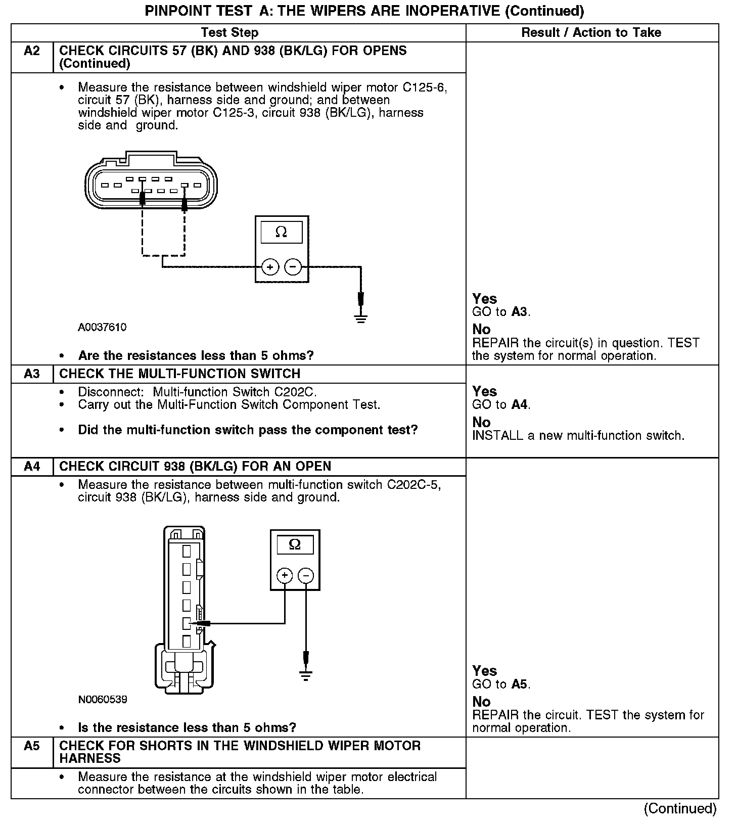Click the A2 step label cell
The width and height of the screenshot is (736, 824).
32,51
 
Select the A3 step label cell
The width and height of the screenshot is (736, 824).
32,374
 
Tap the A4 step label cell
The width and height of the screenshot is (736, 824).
32,467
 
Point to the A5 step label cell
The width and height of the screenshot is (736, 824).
32,746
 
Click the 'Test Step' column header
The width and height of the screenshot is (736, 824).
229,33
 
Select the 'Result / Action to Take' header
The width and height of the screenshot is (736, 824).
591,33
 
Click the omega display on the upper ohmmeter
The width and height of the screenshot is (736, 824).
282,233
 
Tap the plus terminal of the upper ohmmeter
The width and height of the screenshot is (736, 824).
270,266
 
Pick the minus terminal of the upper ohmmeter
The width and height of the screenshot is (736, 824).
293,266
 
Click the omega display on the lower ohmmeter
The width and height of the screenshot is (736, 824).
295,545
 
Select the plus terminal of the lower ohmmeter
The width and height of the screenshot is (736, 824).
285,575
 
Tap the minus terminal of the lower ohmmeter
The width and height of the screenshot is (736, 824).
306,575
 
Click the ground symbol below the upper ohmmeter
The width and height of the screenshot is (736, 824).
360,318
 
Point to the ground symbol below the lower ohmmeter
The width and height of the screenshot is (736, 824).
306,675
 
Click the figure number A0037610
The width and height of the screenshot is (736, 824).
102,328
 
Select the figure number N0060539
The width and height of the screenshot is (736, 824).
103,700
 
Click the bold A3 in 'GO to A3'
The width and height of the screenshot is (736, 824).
520,312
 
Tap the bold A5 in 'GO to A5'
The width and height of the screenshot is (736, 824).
520,684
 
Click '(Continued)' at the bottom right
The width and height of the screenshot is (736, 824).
680,809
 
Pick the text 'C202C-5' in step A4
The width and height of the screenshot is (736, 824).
413,485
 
